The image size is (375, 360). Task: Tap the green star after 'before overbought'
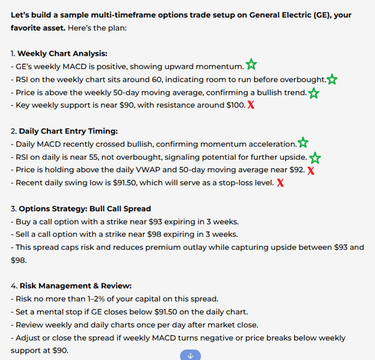[332, 79]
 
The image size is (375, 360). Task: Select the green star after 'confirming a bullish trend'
[313, 93]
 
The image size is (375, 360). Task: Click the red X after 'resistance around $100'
[251, 105]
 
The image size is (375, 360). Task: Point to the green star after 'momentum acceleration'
[303, 143]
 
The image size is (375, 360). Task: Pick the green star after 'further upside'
[314, 157]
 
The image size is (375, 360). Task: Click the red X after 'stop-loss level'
[280, 183]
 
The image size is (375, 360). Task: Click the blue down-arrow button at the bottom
[190, 355]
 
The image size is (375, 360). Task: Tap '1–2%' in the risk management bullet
[87, 299]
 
